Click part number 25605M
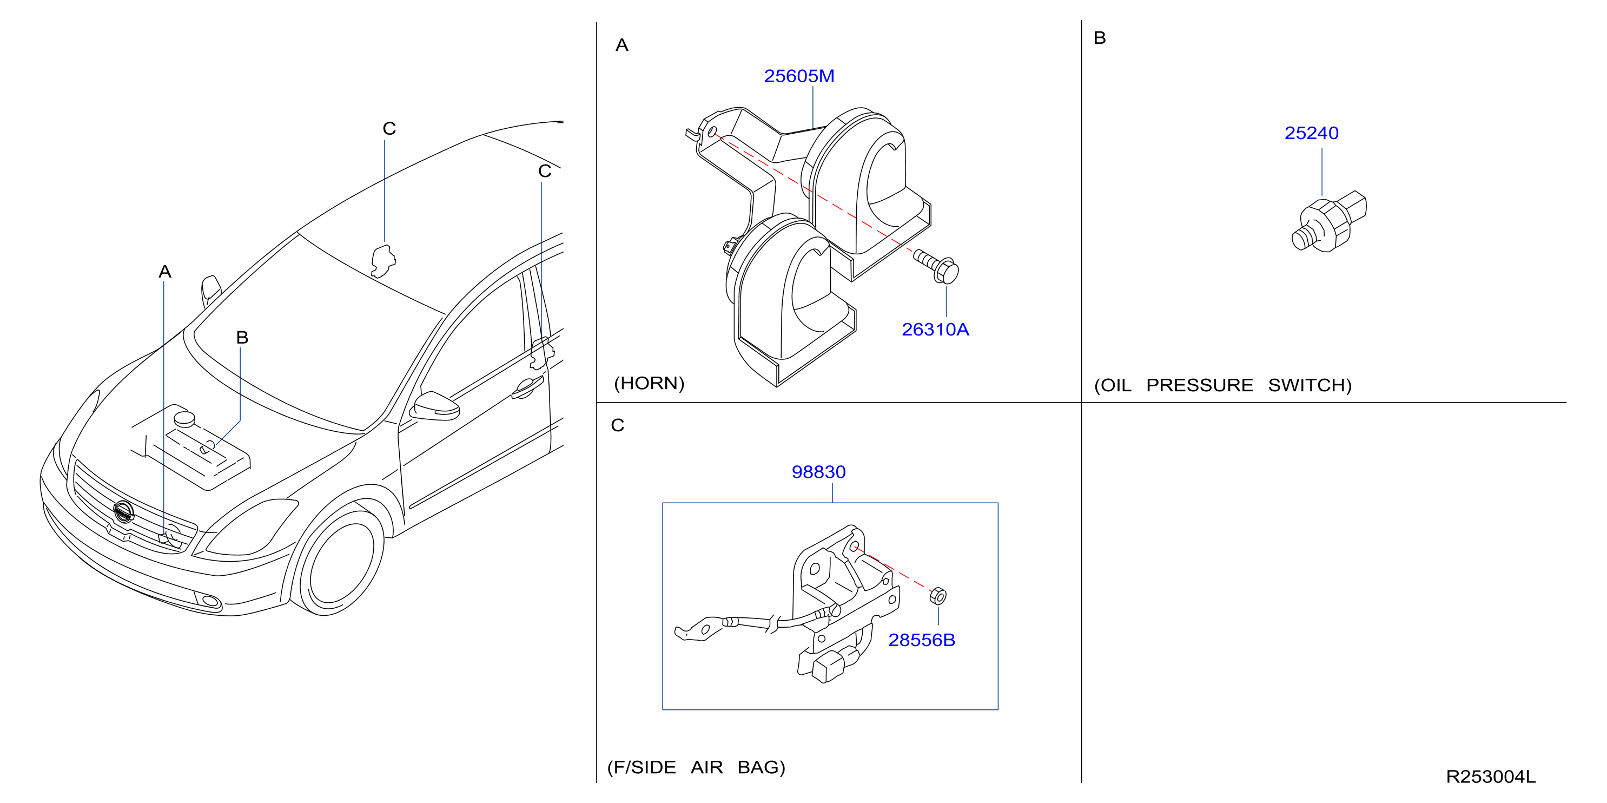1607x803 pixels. tap(799, 76)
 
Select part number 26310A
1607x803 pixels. tap(935, 330)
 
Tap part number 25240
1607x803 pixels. tap(1311, 133)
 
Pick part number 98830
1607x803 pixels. tap(818, 472)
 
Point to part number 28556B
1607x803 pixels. tap(921, 640)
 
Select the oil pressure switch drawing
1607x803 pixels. tap(1329, 222)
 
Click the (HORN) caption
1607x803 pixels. tap(650, 383)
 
